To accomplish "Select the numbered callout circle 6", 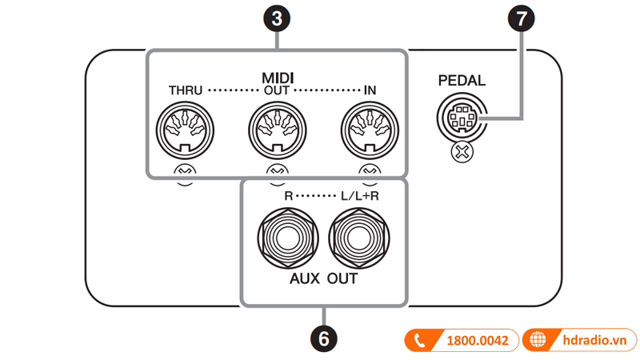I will pyautogui.click(x=323, y=338).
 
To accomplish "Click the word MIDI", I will pyautogui.click(x=277, y=78).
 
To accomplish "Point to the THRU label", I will pyautogui.click(x=185, y=91).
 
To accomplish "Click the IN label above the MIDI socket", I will pyautogui.click(x=370, y=91).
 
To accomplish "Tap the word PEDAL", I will pyautogui.click(x=462, y=81).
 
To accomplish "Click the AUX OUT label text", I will pyautogui.click(x=323, y=280).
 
